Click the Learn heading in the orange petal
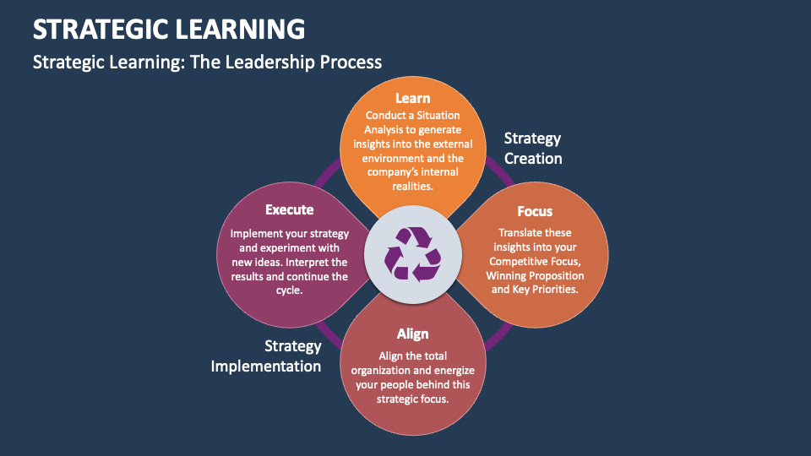point(412,99)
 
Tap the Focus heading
point(535,211)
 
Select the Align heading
point(412,334)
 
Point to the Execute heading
point(289,209)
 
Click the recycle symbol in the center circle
point(412,253)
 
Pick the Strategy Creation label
point(532,148)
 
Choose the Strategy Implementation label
point(267,356)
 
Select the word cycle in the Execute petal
point(289,290)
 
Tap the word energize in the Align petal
point(447,370)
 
